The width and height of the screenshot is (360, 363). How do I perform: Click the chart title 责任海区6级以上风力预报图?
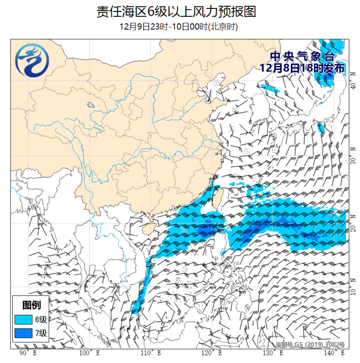176,12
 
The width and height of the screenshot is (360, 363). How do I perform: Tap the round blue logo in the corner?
32,62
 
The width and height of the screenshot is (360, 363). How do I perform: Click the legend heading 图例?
32,305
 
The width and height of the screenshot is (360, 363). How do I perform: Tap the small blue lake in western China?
90,105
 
